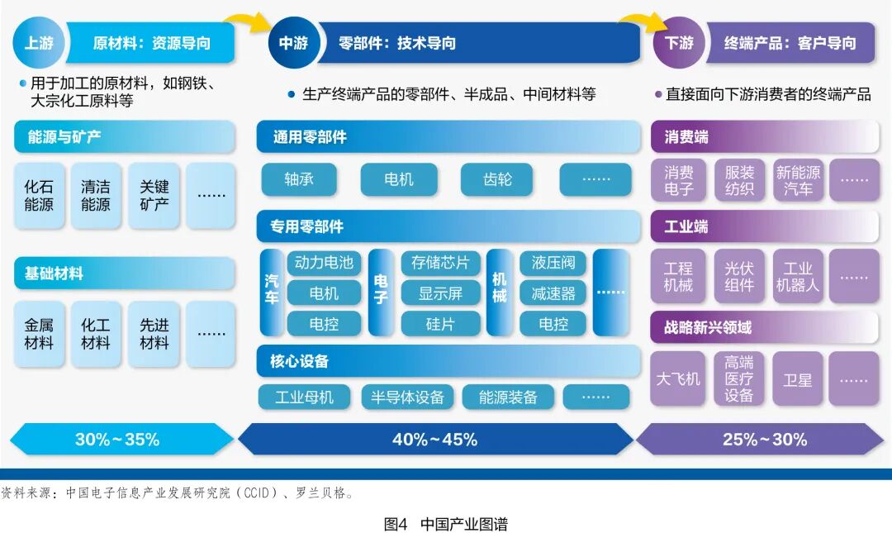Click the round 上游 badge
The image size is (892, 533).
pyautogui.click(x=39, y=43)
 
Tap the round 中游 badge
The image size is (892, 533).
pyautogui.click(x=293, y=43)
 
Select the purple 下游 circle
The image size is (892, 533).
pyautogui.click(x=679, y=43)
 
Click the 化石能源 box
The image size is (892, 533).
pyautogui.click(x=39, y=196)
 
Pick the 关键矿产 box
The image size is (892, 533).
pyautogui.click(x=154, y=196)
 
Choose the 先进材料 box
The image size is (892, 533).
pyautogui.click(x=154, y=334)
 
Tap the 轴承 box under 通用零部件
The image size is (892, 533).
pyautogui.click(x=299, y=179)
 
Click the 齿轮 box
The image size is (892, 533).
pyautogui.click(x=497, y=179)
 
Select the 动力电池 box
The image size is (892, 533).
pyautogui.click(x=324, y=263)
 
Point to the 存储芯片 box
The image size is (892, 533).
pyautogui.click(x=440, y=263)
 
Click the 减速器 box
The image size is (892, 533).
pyautogui.click(x=553, y=293)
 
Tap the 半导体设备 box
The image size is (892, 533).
pyautogui.click(x=407, y=397)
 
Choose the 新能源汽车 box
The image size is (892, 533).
pyautogui.click(x=799, y=181)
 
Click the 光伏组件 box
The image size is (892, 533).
pyautogui.click(x=739, y=277)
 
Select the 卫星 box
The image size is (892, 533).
pyautogui.click(x=798, y=379)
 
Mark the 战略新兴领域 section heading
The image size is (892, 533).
pyautogui.click(x=709, y=327)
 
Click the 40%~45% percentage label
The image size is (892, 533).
pyautogui.click(x=434, y=440)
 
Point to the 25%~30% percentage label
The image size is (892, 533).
pyautogui.click(x=765, y=440)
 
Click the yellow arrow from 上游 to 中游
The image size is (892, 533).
pyautogui.click(x=249, y=19)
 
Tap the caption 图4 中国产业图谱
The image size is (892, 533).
pyautogui.click(x=445, y=524)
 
